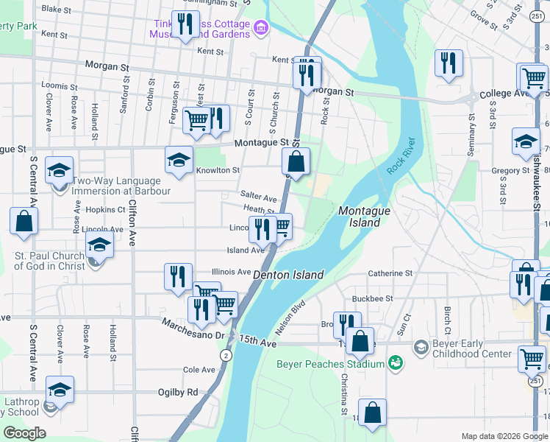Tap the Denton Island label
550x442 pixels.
(x=288, y=275)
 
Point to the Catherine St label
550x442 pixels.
(x=390, y=273)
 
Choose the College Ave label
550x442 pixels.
(x=504, y=94)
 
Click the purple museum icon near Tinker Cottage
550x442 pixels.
(x=260, y=29)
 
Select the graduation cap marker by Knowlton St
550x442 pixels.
(x=179, y=160)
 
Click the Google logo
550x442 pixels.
(x=25, y=432)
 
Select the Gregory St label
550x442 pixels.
(x=510, y=171)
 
